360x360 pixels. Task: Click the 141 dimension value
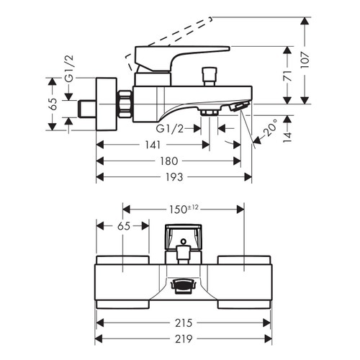point(152,145)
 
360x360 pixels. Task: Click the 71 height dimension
point(287,76)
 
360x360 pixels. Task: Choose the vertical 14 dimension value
point(287,138)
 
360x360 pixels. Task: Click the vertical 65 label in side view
point(51,103)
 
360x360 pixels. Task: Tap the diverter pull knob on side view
point(210,74)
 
